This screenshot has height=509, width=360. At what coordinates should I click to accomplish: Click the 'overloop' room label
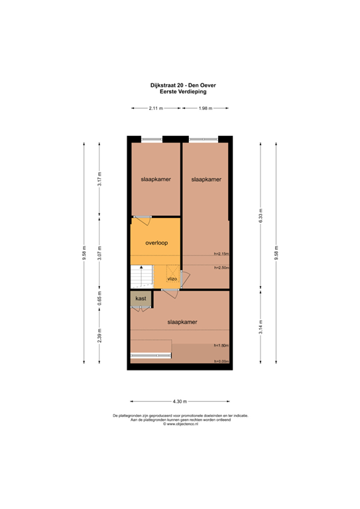[x=156, y=243]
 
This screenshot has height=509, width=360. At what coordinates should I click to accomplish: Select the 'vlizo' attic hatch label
[x=172, y=279]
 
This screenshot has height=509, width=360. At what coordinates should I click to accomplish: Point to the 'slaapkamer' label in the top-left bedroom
[x=154, y=180]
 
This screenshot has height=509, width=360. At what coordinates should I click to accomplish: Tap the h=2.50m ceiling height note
[x=221, y=268]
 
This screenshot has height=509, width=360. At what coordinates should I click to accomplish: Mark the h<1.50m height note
[x=221, y=346]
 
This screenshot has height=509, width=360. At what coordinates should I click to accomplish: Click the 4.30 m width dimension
[x=180, y=402]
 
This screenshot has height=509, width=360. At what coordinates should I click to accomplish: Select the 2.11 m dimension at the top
[x=155, y=109]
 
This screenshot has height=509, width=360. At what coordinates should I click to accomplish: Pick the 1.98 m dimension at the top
[x=206, y=109]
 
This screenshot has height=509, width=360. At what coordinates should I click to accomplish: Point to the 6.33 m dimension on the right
[x=260, y=217]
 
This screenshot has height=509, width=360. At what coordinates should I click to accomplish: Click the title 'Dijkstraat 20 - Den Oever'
[x=180, y=85]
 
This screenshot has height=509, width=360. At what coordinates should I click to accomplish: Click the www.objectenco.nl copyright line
[x=180, y=425]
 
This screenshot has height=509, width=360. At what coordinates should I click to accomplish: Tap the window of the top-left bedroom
[x=151, y=140]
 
